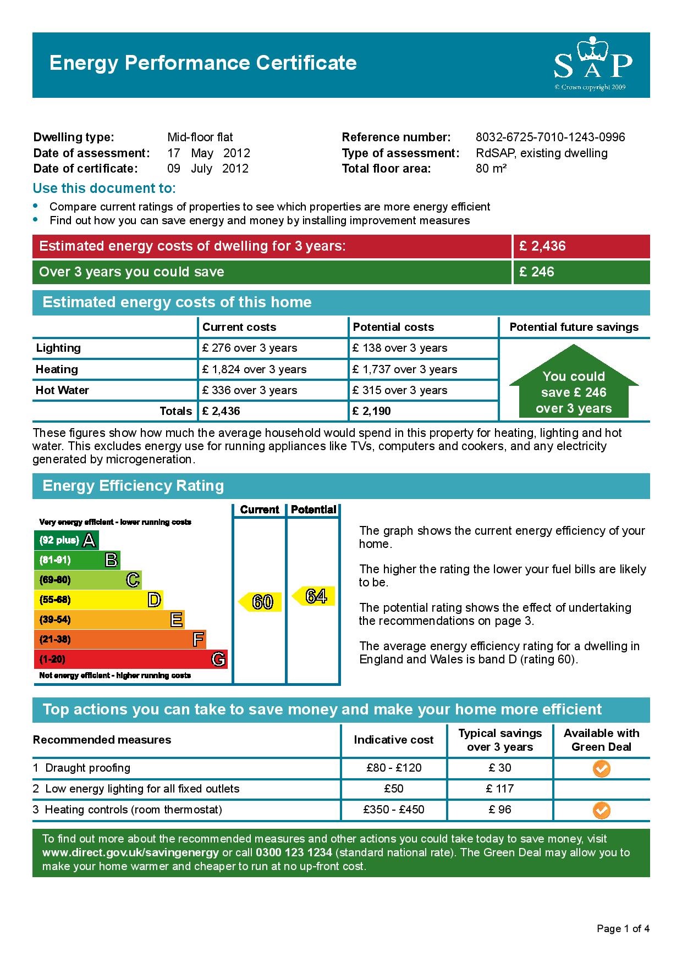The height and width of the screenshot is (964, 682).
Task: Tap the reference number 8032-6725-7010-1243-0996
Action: click(550, 137)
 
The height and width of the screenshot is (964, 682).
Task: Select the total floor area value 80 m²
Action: click(491, 169)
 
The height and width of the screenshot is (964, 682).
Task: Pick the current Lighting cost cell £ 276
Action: click(250, 348)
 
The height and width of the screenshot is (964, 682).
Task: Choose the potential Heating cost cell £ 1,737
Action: click(405, 369)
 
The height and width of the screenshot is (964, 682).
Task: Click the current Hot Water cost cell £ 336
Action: click(250, 390)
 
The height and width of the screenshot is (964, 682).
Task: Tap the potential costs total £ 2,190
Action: click(372, 411)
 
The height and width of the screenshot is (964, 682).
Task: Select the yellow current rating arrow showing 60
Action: click(260, 602)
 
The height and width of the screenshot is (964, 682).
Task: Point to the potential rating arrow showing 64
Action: click(313, 596)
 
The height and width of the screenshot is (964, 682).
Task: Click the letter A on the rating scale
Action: click(90, 540)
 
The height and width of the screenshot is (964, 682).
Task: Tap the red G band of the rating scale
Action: click(130, 659)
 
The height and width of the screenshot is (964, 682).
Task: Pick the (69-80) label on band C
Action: click(55, 580)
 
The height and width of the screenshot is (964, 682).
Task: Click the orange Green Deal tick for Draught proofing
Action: click(602, 768)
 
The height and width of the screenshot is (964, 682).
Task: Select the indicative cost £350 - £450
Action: click(394, 810)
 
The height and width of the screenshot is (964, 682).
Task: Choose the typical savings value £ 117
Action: click(500, 789)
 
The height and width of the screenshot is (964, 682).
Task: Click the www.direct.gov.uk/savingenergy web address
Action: click(130, 852)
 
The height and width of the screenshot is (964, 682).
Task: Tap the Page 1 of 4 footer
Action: click(623, 929)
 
